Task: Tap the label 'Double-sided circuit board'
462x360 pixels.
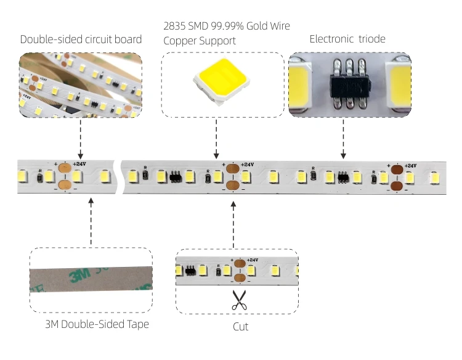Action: point(81,39)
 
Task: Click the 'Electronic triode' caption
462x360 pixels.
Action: point(347,39)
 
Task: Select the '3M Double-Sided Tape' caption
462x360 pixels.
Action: point(97,324)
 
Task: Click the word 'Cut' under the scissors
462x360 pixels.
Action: point(240,326)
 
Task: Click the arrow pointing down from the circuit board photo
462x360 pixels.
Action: point(81,139)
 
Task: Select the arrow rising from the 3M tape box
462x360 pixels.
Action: point(91,222)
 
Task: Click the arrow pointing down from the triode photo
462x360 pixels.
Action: point(343,140)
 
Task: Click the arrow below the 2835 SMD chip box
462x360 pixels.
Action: point(216,139)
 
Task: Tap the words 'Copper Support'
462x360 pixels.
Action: point(200,41)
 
